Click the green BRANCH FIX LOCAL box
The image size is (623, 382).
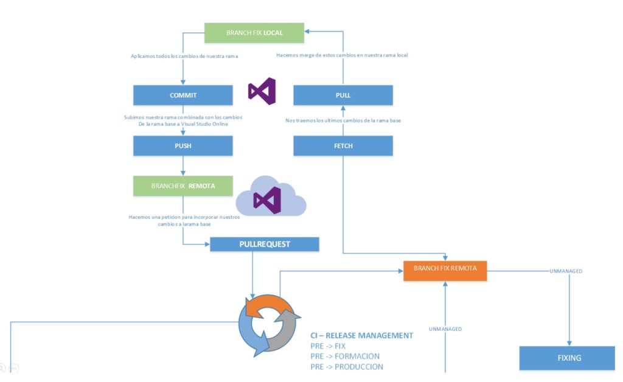tap(254, 33)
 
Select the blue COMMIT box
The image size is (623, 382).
tap(183, 95)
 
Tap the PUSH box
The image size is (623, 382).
tap(183, 146)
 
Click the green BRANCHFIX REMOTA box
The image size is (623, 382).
tap(183, 186)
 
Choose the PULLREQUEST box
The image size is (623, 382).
tap(264, 245)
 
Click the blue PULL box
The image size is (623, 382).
tap(343, 95)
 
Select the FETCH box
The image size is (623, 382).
tap(343, 146)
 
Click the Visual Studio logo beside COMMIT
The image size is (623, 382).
tap(262, 91)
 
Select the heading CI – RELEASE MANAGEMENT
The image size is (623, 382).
tap(362, 335)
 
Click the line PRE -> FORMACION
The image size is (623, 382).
tap(345, 356)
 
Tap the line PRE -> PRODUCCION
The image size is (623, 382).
tap(347, 367)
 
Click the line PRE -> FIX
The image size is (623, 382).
tap(328, 346)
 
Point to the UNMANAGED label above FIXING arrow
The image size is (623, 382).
tap(566, 271)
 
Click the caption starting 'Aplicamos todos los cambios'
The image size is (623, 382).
tap(184, 56)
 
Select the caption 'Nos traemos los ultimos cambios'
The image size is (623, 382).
tap(343, 120)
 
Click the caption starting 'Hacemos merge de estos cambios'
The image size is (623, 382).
tap(342, 55)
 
